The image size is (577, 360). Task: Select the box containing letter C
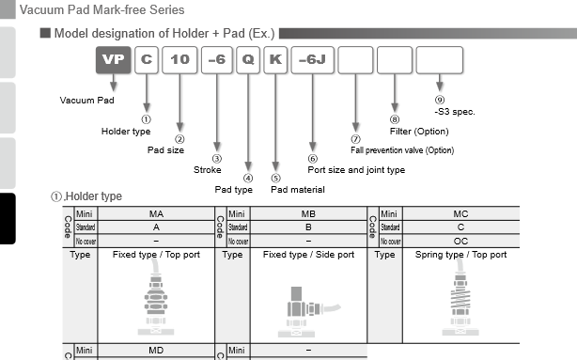(146, 60)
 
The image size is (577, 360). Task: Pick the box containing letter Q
(247, 60)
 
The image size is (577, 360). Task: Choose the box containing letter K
(274, 60)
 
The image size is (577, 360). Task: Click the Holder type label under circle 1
(126, 131)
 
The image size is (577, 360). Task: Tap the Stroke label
(208, 170)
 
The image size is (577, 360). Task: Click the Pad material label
(298, 189)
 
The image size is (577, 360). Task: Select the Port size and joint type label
(356, 170)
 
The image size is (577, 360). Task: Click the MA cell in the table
(156, 214)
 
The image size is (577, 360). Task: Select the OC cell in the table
(460, 241)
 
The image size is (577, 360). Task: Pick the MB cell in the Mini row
(308, 214)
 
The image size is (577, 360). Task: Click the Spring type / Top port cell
(460, 255)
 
